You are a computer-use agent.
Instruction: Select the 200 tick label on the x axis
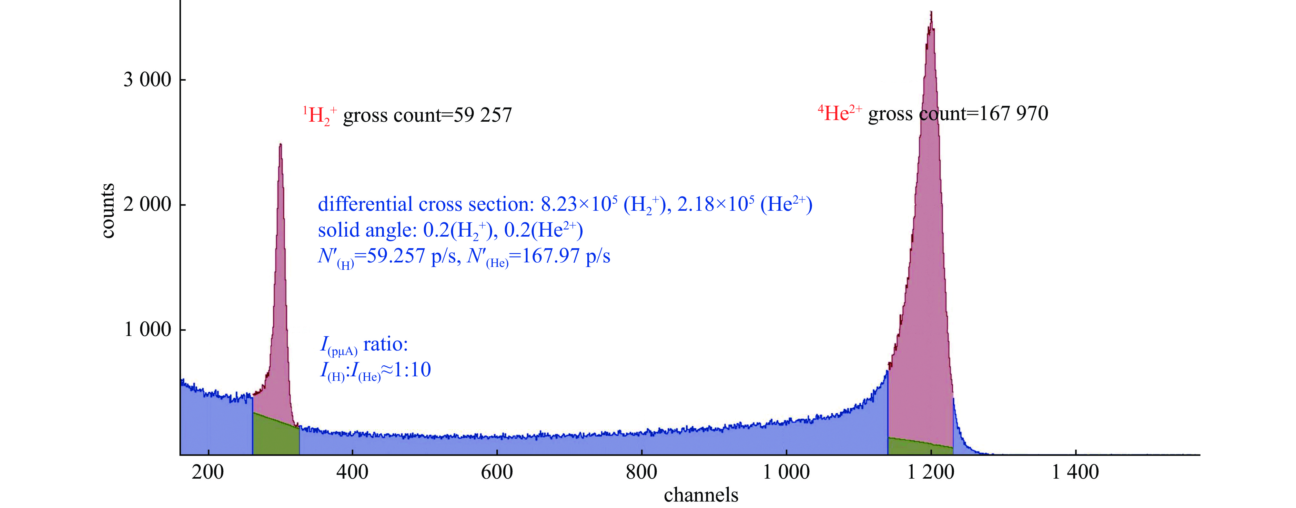click(x=208, y=472)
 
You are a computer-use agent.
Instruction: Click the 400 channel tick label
click(x=352, y=472)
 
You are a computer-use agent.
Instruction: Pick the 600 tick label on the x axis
click(x=497, y=472)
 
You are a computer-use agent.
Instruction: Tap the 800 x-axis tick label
click(x=642, y=472)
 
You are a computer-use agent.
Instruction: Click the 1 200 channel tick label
click(x=930, y=472)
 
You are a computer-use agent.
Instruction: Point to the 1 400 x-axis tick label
click(x=1075, y=472)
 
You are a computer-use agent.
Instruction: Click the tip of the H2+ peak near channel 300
click(x=280, y=145)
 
